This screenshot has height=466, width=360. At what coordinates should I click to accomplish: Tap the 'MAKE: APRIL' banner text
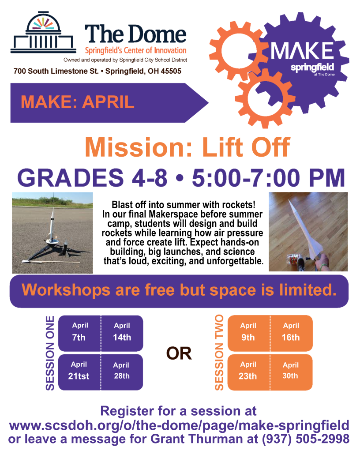pos(77,102)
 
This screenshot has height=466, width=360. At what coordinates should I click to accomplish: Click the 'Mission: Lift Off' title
pos(187,147)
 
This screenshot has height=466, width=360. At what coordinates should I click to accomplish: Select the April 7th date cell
pos(80,332)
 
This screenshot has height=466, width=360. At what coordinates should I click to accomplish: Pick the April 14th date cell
pos(122,332)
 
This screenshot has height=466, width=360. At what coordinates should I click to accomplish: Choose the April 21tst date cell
pos(79,371)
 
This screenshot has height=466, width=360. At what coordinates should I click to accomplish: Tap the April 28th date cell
pos(121,371)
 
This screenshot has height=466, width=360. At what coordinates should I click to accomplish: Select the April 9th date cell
pos(248,332)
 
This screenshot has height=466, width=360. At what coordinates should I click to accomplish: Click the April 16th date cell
pos(291,332)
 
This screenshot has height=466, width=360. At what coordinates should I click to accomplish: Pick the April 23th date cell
pos(248,371)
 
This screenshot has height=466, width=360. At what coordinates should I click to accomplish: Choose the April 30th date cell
pos(291,371)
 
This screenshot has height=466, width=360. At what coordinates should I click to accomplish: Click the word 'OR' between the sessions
pos(179,353)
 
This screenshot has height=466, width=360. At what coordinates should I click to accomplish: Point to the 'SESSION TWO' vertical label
pos(219,353)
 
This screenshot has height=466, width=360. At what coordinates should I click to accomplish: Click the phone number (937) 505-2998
pos(306,439)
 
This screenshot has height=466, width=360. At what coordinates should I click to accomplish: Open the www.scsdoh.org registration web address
pos(179,425)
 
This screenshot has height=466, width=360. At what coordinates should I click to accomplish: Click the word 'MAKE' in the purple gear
pos(302,51)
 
